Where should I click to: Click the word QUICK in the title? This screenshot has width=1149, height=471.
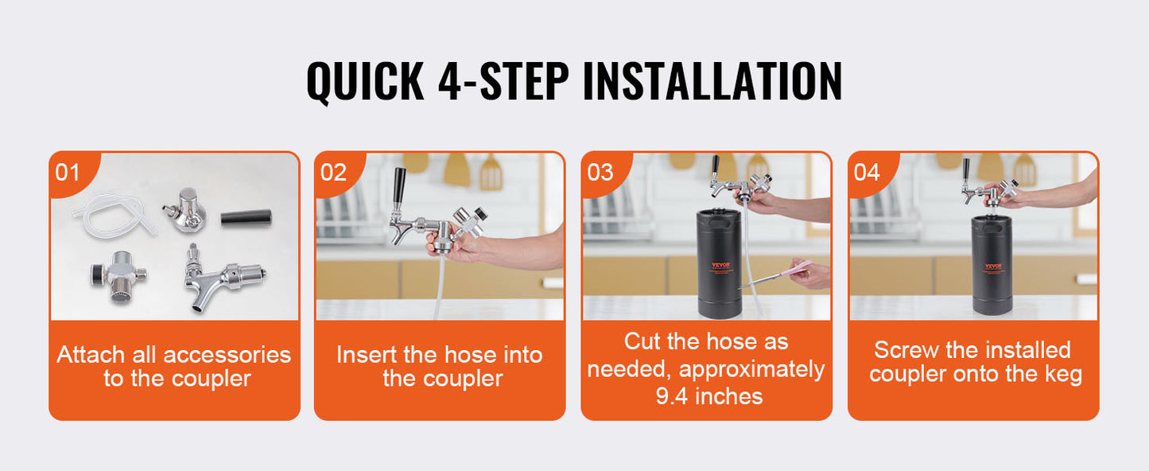[x=365, y=82]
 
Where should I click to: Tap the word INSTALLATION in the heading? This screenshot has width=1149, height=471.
[x=712, y=80]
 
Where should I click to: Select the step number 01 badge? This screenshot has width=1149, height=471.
[x=68, y=173]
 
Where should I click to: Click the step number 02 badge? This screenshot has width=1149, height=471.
[x=333, y=173]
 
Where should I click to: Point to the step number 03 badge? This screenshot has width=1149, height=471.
[x=600, y=173]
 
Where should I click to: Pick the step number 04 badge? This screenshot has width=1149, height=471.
[x=867, y=173]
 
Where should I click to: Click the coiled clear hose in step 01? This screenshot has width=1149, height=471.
[x=114, y=216]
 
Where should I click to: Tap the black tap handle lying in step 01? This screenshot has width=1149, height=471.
[x=246, y=217]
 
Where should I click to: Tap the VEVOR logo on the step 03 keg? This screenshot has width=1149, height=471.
[x=720, y=266]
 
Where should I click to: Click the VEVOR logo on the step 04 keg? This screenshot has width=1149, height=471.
[x=994, y=267]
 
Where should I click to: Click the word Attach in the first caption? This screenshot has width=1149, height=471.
[x=91, y=355]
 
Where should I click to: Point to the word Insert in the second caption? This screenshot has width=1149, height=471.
[x=367, y=355]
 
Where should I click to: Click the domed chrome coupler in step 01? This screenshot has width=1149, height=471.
[x=186, y=210]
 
